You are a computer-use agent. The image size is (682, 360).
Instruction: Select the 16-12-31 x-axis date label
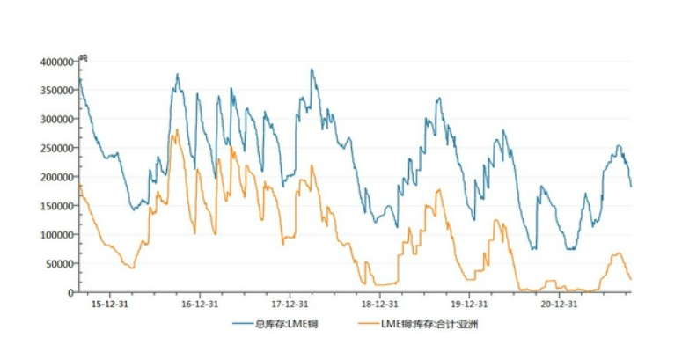[199, 304]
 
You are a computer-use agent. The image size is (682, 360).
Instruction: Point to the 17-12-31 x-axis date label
[289, 304]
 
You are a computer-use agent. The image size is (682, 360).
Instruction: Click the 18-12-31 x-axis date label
[378, 304]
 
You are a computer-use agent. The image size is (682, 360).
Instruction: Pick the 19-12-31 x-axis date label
[468, 304]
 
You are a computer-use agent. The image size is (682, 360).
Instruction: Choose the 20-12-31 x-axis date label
[558, 304]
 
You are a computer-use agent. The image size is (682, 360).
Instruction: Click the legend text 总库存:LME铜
[286, 324]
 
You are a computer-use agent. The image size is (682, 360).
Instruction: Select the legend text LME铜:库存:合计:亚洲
[436, 324]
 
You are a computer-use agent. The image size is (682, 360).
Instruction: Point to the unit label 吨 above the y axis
[84, 57]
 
